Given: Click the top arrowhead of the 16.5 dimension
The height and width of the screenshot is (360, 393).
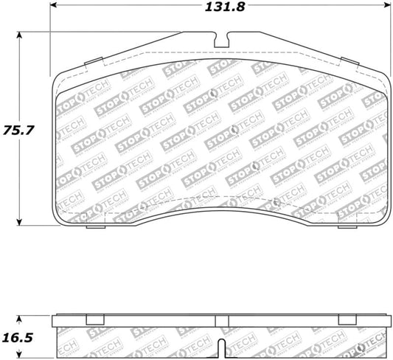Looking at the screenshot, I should click(20, 318).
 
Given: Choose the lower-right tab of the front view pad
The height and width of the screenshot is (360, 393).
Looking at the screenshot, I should click(347, 226).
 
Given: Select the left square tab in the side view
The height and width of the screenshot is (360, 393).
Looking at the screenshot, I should click(94, 319).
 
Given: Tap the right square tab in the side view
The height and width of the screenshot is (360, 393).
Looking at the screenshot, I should click(347, 319).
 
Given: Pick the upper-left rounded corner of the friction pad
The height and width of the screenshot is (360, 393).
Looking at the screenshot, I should click(60, 77).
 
